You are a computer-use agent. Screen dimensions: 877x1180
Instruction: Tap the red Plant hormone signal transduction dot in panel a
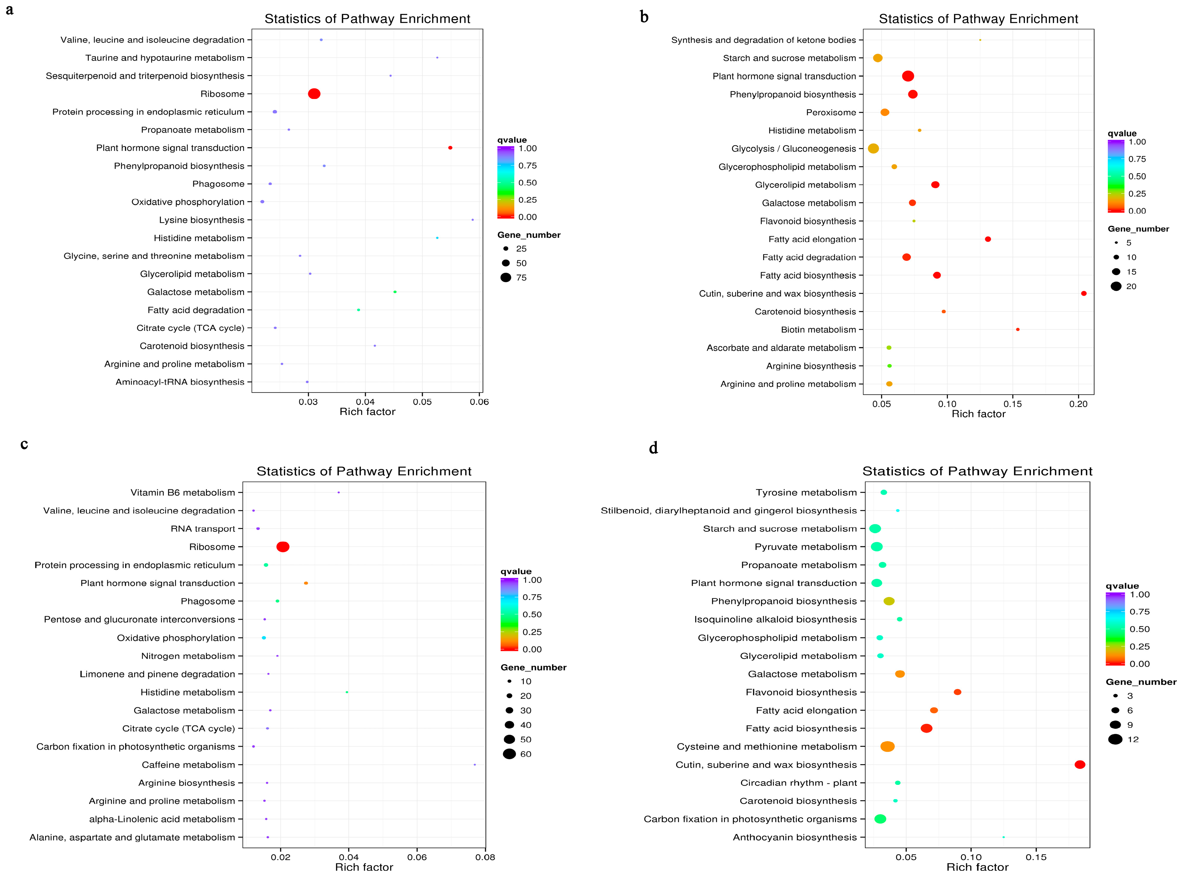450,148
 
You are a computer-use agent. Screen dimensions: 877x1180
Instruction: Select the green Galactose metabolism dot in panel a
395,292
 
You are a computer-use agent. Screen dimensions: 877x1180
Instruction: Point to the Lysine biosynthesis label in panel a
202,220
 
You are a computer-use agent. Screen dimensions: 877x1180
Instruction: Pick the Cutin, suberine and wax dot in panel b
1083,294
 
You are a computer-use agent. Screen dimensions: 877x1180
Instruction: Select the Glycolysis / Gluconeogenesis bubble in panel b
873,149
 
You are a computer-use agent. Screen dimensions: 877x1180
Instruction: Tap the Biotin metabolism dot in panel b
1017,330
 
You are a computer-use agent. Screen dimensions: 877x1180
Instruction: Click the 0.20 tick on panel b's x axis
1078,404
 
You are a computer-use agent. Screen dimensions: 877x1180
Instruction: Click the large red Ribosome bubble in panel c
283,547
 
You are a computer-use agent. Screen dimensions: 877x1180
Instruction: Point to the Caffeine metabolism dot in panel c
475,765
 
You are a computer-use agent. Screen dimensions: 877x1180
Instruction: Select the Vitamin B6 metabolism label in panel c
182,493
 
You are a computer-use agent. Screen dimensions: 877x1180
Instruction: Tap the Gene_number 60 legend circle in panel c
510,754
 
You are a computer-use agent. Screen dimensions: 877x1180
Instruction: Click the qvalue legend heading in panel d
1122,586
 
